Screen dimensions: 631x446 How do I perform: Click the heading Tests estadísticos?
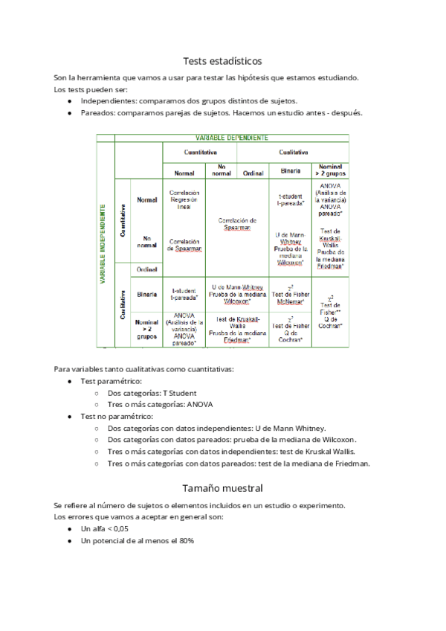[x=222, y=60]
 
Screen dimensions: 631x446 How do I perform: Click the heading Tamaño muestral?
[x=222, y=489]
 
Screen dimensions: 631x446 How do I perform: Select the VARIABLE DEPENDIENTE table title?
[x=232, y=138]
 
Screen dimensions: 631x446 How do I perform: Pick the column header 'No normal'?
[x=221, y=170]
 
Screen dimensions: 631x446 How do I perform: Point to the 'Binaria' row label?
[x=147, y=295]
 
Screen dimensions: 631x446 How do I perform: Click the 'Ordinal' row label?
[x=147, y=269]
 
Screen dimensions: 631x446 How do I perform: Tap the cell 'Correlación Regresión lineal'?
[x=184, y=199]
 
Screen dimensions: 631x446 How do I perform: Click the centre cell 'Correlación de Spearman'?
[x=237, y=224]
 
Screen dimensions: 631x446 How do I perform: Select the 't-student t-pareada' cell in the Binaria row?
[x=184, y=294]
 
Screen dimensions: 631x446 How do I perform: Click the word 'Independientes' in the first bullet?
[x=112, y=100]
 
